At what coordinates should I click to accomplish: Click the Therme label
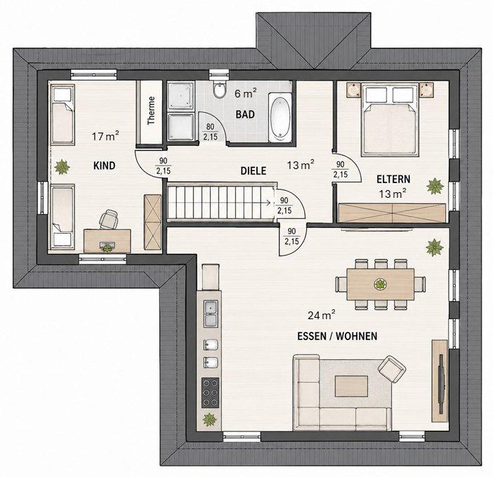point(151,111)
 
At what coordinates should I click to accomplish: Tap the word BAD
point(245,114)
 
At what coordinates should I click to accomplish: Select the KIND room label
point(105,166)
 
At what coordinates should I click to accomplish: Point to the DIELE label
point(253,171)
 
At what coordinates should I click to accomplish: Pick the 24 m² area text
point(321,315)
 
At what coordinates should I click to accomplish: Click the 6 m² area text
point(246,93)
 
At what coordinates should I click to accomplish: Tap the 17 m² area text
point(105,136)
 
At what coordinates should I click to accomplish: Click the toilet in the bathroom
point(218,89)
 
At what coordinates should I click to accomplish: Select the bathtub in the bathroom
point(280,117)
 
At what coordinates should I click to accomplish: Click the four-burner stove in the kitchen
point(211,393)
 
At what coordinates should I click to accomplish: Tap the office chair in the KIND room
point(108,219)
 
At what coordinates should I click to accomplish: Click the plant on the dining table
point(381,284)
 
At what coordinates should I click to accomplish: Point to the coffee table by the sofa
point(352,387)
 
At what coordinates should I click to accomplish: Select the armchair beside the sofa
point(392,369)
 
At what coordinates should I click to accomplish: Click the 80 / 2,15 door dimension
point(210,132)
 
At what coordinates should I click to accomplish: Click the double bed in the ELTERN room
point(390,119)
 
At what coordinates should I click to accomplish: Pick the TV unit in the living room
point(440,381)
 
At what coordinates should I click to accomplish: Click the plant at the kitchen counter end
point(209,419)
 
